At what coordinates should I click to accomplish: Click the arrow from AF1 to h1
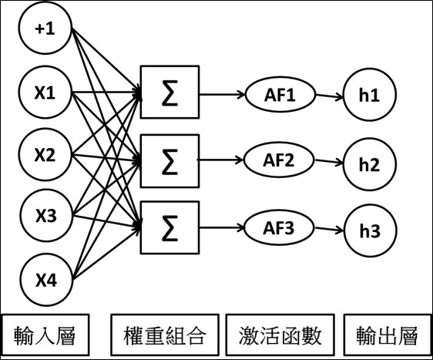pos(329,96)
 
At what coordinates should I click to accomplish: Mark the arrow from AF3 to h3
pos(329,229)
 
